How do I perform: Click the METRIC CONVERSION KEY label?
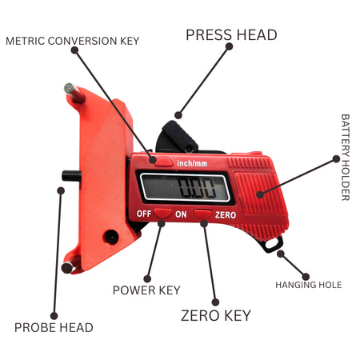coord(73,41)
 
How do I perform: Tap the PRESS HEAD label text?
coord(231,35)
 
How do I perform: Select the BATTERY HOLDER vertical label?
coord(346,158)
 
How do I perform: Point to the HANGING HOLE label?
coord(309,285)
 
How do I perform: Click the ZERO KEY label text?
coord(216,315)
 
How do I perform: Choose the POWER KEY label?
coord(146,290)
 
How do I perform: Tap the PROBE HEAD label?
coord(54,327)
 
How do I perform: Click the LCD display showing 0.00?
coord(185,188)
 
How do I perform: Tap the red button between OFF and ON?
coord(162,214)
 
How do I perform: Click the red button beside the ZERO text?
coord(202,214)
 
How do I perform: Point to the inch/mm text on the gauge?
coord(192,163)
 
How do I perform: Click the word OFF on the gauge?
coord(144,214)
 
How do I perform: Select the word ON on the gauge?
coord(181,214)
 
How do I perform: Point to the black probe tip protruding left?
coord(72,176)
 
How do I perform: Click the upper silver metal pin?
coord(74,92)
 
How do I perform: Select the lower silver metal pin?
coord(70,266)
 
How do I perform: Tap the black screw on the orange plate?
coord(111,237)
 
